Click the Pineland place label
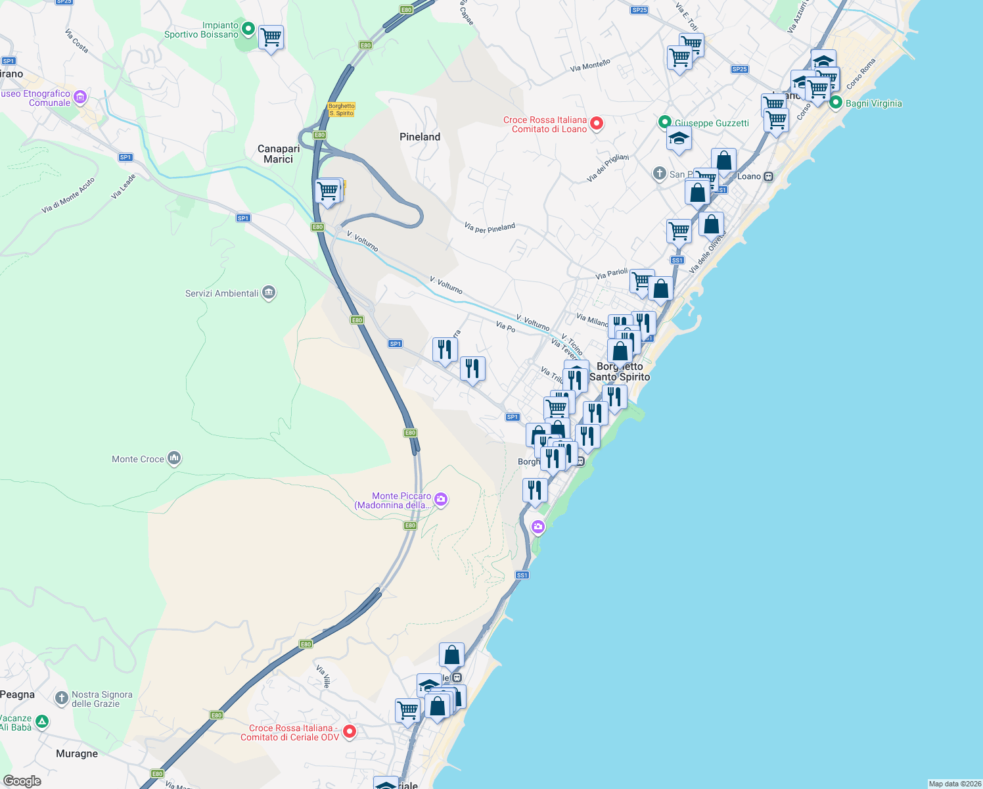(x=420, y=137)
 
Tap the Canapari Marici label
(x=279, y=154)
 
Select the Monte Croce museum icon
(x=174, y=458)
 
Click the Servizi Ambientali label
(x=222, y=293)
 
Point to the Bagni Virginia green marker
(x=836, y=103)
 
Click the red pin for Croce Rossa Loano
(x=597, y=123)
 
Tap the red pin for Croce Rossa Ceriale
(x=350, y=731)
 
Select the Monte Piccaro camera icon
(x=441, y=500)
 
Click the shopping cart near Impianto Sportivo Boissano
(x=271, y=38)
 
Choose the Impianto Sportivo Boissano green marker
(x=248, y=28)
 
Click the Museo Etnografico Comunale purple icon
(x=80, y=98)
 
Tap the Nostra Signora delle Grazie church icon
(x=62, y=698)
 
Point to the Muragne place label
(x=77, y=753)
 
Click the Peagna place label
(x=18, y=694)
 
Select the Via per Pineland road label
(x=490, y=228)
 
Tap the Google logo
(x=22, y=780)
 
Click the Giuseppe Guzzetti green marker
(x=664, y=122)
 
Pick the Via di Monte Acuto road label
(x=68, y=195)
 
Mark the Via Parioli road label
(x=612, y=274)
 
